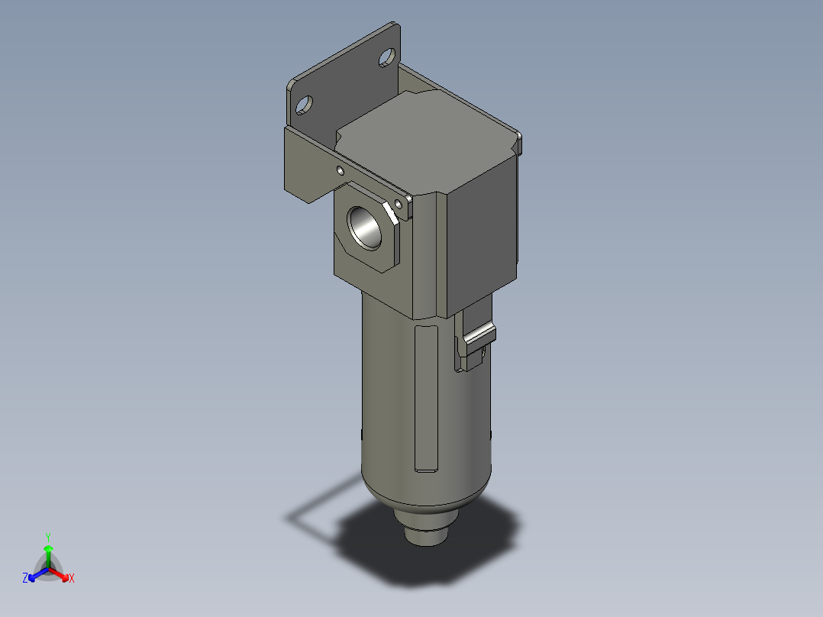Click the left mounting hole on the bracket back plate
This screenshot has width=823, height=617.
(303, 105)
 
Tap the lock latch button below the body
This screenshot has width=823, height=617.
(479, 336)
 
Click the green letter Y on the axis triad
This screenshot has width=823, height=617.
(47, 537)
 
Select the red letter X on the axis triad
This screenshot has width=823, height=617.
(72, 579)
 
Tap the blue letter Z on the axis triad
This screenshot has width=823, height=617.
(25, 579)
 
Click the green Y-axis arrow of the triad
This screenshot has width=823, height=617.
(48, 554)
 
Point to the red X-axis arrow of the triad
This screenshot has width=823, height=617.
(61, 573)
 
